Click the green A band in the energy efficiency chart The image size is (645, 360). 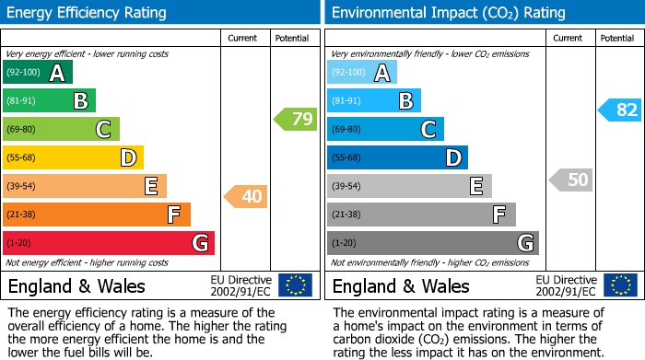pyautogui.click(x=37, y=73)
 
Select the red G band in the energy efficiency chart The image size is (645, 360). pyautogui.click(x=109, y=243)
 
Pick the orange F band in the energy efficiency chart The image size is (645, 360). pyautogui.click(x=97, y=215)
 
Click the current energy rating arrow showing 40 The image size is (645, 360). pyautogui.click(x=246, y=196)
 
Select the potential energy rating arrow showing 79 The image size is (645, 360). pyautogui.click(x=296, y=119)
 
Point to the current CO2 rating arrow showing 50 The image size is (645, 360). pyautogui.click(x=571, y=180)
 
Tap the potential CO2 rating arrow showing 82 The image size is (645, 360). pyautogui.click(x=620, y=110)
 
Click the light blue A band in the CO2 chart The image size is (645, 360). pyautogui.click(x=362, y=73)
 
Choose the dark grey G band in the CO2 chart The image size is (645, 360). pyautogui.click(x=433, y=243)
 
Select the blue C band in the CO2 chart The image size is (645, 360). pyautogui.click(x=385, y=129)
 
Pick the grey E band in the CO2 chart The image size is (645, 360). pyautogui.click(x=409, y=186)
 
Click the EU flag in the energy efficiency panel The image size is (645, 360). pyautogui.click(x=295, y=285)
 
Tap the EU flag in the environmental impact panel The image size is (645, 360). pyautogui.click(x=620, y=285)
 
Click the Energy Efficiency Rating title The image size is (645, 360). pyautogui.click(x=88, y=13)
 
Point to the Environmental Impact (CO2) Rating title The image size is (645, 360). pyautogui.click(x=448, y=13)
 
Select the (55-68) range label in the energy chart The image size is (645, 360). pyautogui.click(x=22, y=158)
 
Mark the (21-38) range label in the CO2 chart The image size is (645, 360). pyautogui.click(x=346, y=215)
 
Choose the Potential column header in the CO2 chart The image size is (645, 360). pyautogui.click(x=617, y=38)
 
